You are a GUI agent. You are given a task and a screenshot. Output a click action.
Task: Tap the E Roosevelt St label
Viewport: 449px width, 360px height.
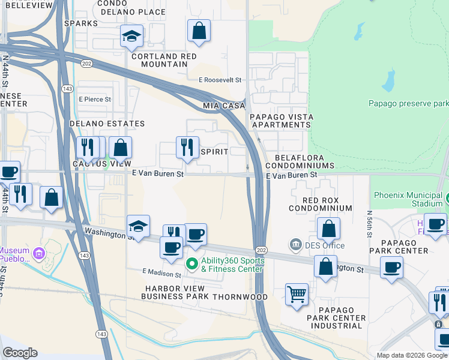pyautogui.click(x=220, y=79)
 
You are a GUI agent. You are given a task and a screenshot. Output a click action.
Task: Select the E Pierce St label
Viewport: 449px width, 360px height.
pyautogui.click(x=94, y=99)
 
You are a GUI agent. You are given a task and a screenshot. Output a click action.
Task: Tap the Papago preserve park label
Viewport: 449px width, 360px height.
pyautogui.click(x=409, y=103)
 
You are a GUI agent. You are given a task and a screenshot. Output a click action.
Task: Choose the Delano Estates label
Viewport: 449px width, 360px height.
pyautogui.click(x=107, y=124)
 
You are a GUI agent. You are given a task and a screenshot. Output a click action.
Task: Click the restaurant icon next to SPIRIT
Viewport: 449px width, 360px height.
pyautogui.click(x=187, y=148)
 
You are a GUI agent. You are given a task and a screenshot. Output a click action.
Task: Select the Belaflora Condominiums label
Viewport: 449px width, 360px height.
pyautogui.click(x=304, y=161)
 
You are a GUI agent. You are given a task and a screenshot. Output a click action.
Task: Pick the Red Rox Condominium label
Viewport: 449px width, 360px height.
pyautogui.click(x=319, y=204)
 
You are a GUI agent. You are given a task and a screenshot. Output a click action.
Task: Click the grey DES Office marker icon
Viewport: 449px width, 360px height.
pyautogui.click(x=295, y=244)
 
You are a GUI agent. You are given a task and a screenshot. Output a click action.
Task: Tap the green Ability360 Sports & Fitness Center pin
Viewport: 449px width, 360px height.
pyautogui.click(x=192, y=263)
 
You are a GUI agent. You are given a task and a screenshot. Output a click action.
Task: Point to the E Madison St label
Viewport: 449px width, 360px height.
pyautogui.click(x=161, y=274)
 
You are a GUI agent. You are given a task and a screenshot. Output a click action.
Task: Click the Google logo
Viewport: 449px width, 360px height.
pyautogui.click(x=20, y=352)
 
